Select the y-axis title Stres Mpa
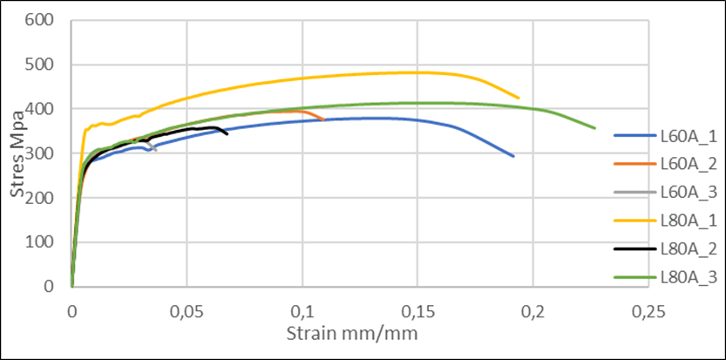click(18, 154)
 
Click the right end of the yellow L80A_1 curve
click(519, 98)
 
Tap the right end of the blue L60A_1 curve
click(513, 156)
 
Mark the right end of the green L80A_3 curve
click(595, 128)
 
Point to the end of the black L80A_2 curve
click(227, 133)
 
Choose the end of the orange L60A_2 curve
click(324, 119)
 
